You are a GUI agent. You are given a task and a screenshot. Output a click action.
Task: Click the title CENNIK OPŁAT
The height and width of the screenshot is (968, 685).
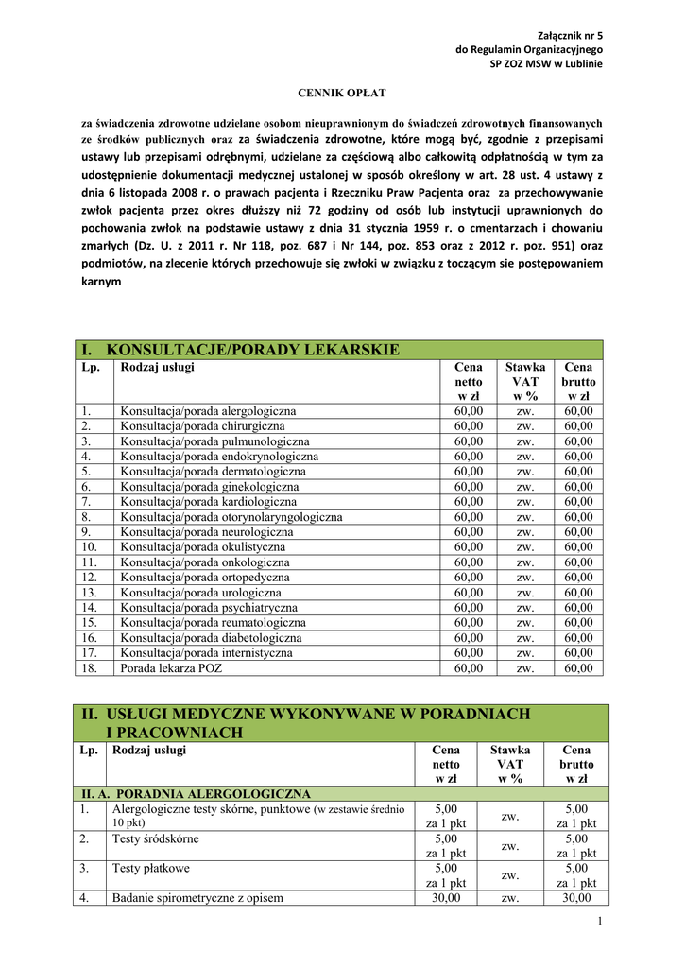[x=342, y=94]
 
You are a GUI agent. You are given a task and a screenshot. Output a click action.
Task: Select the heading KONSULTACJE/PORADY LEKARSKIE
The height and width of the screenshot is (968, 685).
[x=253, y=350]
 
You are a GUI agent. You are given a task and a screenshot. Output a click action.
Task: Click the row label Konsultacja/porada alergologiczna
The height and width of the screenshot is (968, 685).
[x=208, y=411]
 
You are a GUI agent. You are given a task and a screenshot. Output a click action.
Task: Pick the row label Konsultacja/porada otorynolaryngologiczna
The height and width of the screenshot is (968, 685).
[x=231, y=517]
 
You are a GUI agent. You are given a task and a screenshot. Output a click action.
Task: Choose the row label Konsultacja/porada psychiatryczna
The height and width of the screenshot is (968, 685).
[x=209, y=608]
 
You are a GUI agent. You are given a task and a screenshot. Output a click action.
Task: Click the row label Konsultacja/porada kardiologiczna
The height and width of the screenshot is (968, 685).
[x=208, y=502]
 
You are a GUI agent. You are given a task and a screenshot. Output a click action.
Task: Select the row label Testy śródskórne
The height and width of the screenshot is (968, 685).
[x=155, y=838]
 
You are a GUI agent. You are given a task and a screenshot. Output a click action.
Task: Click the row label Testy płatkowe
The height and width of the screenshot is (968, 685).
[x=150, y=868]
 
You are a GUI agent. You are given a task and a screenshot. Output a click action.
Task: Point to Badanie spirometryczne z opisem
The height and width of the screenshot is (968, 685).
[x=197, y=898]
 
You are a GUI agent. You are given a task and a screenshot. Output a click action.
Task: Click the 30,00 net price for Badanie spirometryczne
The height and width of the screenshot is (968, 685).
[x=446, y=898]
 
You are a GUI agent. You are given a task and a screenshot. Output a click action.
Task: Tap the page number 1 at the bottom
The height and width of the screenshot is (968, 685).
[x=600, y=922]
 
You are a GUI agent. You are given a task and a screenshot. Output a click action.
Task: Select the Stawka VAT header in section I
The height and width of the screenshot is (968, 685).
[x=524, y=381]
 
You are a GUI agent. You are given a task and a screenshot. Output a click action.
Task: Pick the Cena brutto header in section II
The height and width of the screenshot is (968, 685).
[x=576, y=764]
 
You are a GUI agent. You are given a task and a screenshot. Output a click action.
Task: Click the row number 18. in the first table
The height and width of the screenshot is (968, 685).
[x=88, y=668]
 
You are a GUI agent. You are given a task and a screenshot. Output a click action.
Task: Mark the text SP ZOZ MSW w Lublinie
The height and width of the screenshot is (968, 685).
[x=545, y=63]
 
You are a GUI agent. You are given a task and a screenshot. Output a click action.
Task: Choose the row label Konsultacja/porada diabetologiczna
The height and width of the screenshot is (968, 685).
[x=211, y=638]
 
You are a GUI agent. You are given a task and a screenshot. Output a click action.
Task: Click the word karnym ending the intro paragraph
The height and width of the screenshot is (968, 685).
[x=101, y=282]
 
